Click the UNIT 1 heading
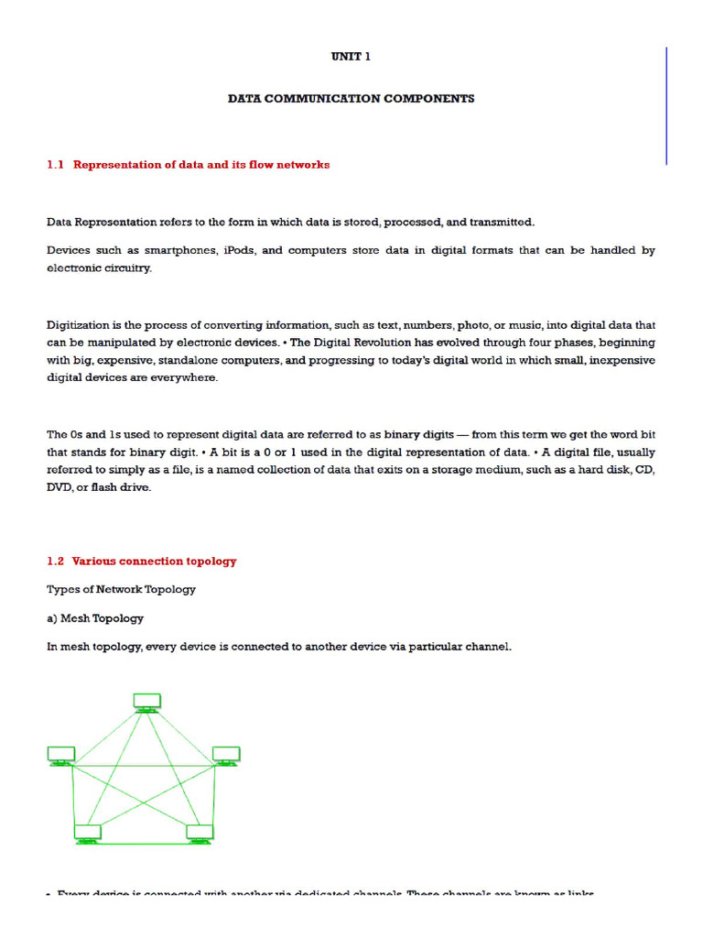click(x=351, y=57)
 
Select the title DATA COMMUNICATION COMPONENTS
click(x=351, y=99)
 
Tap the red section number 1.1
click(x=56, y=165)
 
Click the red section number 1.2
click(x=56, y=562)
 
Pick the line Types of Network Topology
click(x=121, y=589)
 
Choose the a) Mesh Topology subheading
click(x=95, y=618)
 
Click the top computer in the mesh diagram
click(x=146, y=703)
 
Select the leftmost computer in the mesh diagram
click(x=61, y=756)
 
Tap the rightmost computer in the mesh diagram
click(x=226, y=756)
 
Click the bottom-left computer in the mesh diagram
click(x=87, y=833)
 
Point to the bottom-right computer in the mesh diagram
click(x=200, y=833)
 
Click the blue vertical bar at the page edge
click(x=666, y=105)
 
